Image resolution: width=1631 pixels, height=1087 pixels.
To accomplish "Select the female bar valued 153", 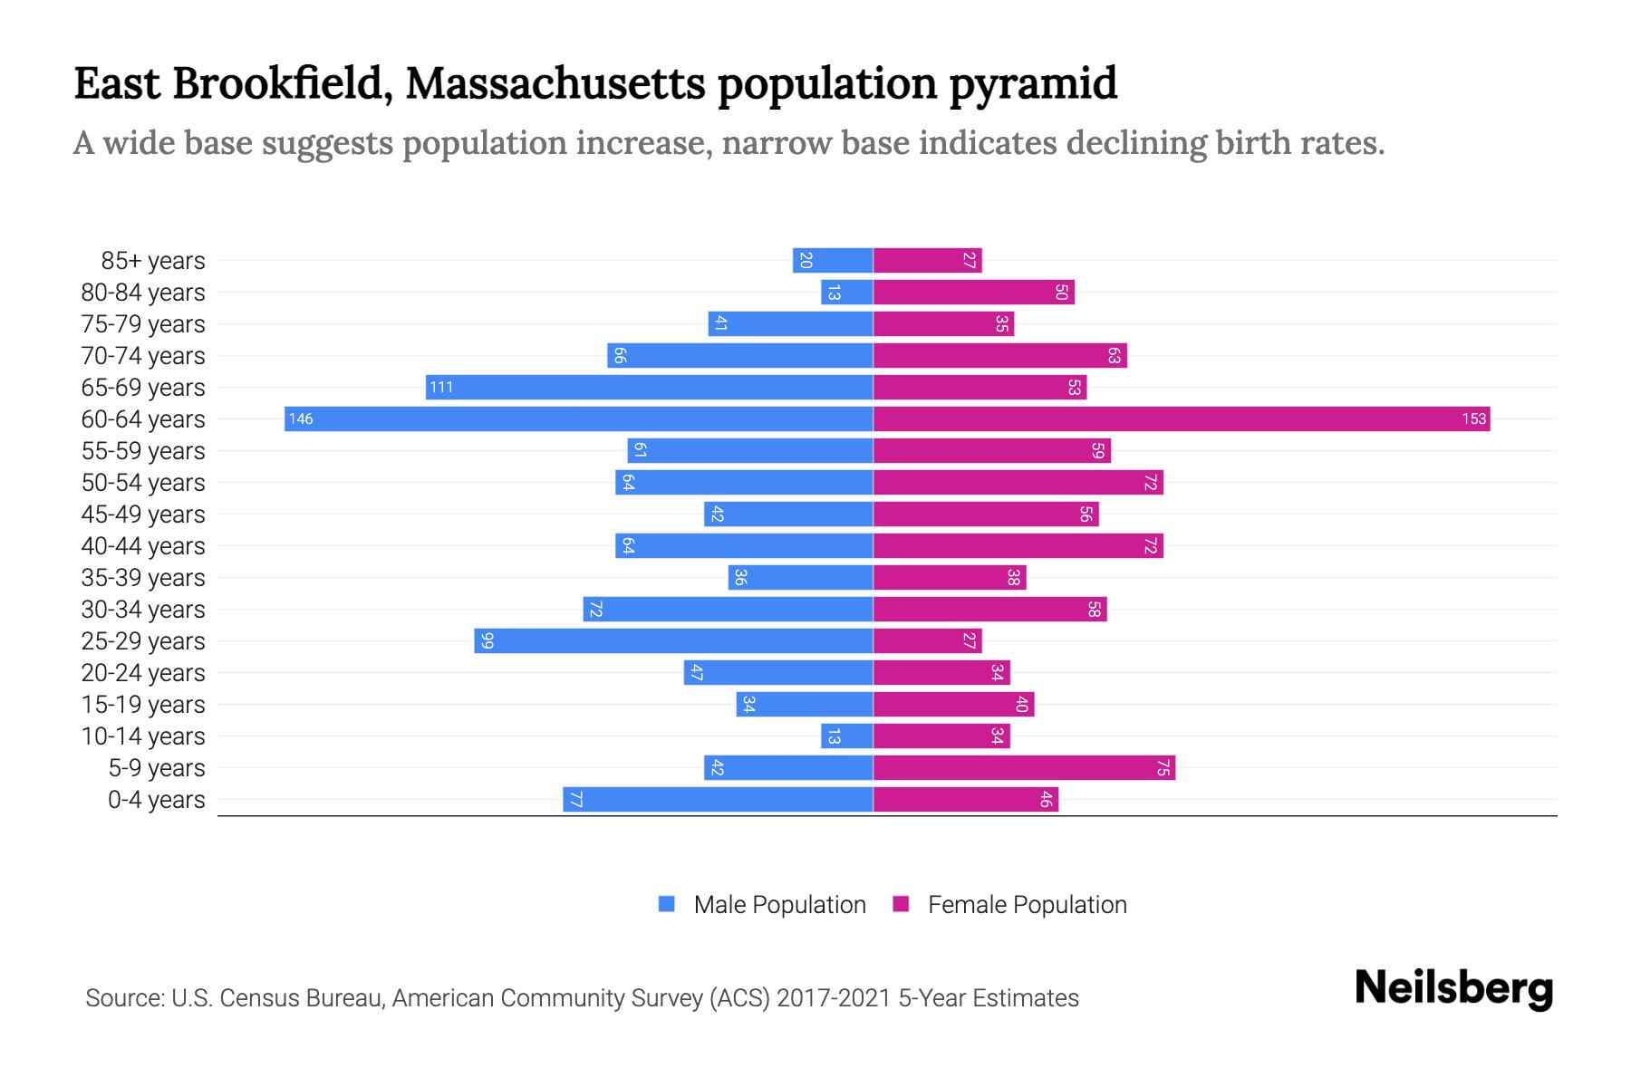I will coord(1181,418).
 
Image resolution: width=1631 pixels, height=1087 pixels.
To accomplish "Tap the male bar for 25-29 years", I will coord(673,640).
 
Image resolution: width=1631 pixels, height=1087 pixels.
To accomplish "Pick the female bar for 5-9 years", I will coord(1024,767).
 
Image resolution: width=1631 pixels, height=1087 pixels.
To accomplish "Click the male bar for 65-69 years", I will coord(649,387).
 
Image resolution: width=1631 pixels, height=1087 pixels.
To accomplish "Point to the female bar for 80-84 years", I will coord(973,292).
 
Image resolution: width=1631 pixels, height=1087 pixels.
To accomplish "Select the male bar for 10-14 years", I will coord(846,736).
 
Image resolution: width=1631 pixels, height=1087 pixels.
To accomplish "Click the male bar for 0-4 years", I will coord(718,799).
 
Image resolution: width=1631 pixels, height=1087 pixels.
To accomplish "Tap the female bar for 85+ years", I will coord(927,260).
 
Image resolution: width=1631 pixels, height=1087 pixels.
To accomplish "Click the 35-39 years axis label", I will coord(143,577).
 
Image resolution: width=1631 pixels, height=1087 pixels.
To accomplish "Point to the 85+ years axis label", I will coord(152,260).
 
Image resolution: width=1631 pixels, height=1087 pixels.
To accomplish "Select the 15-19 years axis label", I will coord(143,704).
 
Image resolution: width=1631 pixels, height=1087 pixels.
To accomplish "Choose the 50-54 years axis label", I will coord(143,482).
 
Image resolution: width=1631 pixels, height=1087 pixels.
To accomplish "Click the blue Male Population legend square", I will coord(667,904).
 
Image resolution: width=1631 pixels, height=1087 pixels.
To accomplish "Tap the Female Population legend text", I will coord(1027,904).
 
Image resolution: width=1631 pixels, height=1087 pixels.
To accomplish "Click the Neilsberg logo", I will coord(1453,988).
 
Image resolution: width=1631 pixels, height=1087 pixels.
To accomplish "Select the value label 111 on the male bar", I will coord(441,387).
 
